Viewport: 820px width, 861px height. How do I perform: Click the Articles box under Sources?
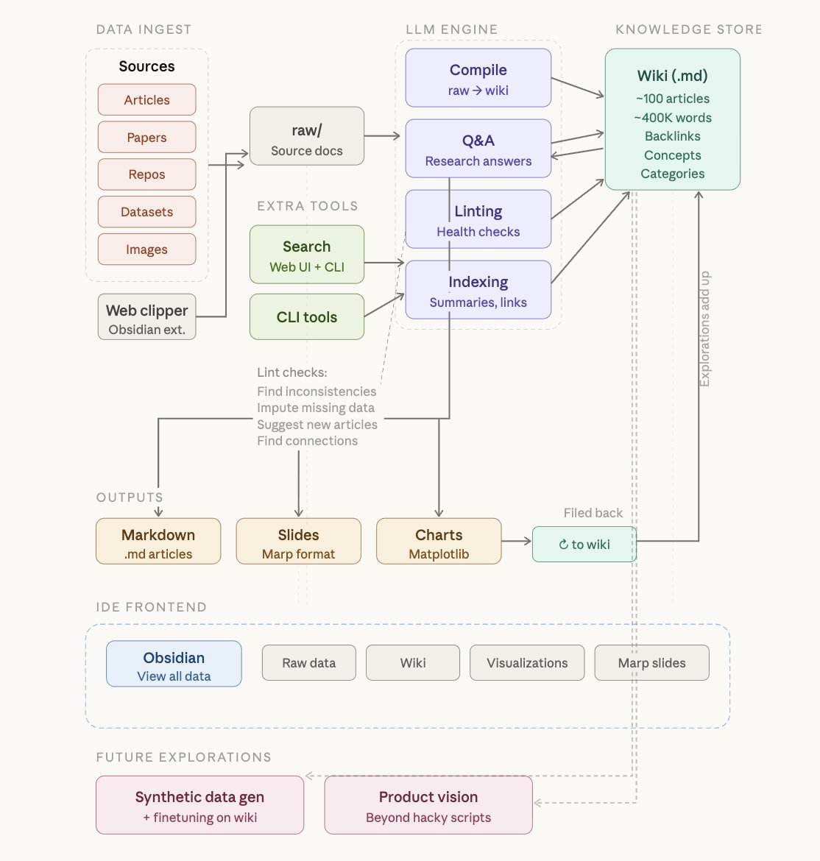pyautogui.click(x=146, y=100)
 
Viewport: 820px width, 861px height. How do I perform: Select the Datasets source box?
pyautogui.click(x=146, y=212)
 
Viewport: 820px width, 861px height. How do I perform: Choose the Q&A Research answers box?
pyautogui.click(x=478, y=149)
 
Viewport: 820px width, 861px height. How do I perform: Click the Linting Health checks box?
pyautogui.click(x=478, y=220)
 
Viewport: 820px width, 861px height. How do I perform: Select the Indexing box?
pyautogui.click(x=478, y=291)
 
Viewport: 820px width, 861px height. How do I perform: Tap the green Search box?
pyautogui.click(x=306, y=255)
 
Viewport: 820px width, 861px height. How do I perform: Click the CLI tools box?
pyautogui.click(x=306, y=317)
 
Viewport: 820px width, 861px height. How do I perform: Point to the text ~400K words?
pyautogui.click(x=672, y=118)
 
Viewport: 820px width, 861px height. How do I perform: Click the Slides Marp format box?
pyautogui.click(x=298, y=542)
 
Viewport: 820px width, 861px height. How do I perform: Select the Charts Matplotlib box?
pyautogui.click(x=439, y=542)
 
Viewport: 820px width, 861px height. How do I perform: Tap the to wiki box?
pyautogui.click(x=584, y=545)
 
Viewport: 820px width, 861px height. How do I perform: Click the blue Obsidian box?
pyautogui.click(x=174, y=665)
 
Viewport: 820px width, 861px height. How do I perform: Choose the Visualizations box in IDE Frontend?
pyautogui.click(x=527, y=663)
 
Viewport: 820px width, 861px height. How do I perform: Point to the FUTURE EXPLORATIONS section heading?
pyautogui.click(x=183, y=757)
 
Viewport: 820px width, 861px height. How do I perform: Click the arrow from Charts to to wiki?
pyautogui.click(x=517, y=542)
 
